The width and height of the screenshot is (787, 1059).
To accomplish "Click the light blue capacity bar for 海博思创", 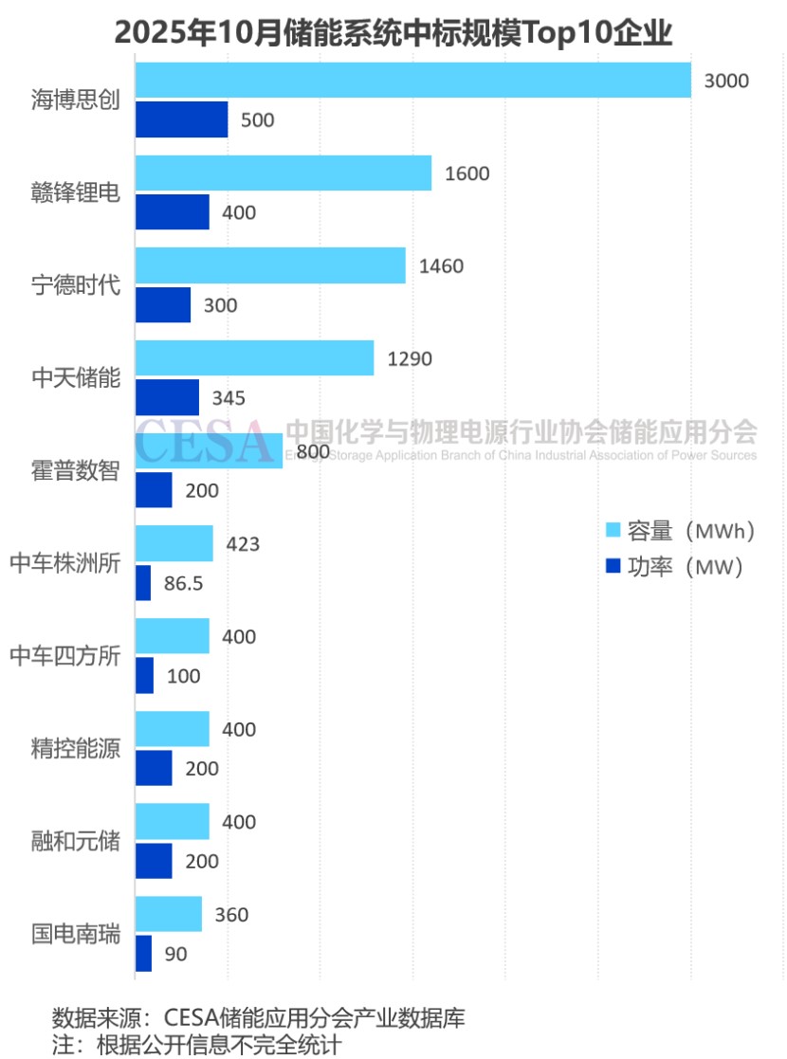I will (412, 80).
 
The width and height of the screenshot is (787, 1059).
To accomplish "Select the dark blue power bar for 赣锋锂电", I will (172, 212).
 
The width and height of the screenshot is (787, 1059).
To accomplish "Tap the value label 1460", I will (441, 266).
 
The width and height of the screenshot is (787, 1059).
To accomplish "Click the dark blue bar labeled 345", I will (167, 397).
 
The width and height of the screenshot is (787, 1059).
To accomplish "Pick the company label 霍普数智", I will (76, 470).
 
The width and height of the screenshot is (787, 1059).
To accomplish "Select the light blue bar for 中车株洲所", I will (174, 543).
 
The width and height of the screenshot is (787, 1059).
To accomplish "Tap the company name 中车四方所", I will (64, 655).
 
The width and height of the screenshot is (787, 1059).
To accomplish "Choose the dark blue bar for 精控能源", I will (154, 768).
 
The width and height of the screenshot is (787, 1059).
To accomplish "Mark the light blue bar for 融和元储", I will (173, 821).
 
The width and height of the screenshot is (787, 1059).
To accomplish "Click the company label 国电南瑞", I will (76, 934).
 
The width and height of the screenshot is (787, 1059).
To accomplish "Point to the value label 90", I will (175, 954).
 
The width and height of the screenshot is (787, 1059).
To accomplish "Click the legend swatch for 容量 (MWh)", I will (612, 529).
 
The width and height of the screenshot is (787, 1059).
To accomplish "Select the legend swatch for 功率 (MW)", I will (612, 566).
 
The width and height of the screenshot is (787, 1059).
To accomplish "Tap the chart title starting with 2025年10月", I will (393, 32).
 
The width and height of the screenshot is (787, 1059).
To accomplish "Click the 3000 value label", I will (726, 81).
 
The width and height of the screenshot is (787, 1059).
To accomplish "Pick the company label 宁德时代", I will (76, 284).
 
